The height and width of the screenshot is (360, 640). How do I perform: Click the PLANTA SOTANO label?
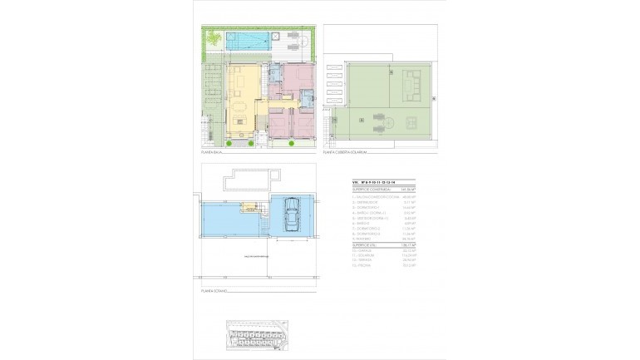[215, 292]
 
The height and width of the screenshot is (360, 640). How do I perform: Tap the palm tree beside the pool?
[214, 38]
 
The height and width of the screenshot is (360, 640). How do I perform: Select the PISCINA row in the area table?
[365, 266]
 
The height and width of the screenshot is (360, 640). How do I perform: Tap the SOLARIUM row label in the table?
[367, 255]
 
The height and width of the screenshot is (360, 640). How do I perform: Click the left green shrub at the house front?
[229, 144]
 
